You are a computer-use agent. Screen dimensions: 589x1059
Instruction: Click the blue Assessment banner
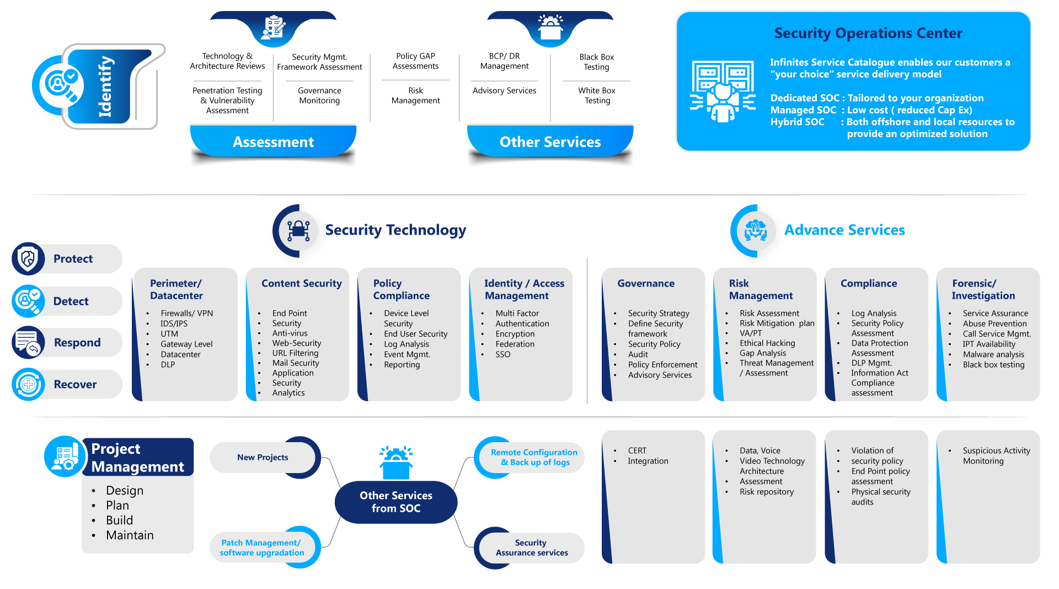[273, 142]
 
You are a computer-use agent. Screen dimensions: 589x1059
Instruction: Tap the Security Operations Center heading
[868, 33]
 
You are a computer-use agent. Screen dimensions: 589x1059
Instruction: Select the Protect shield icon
[28, 258]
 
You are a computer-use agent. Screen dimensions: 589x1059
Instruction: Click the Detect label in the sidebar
[71, 301]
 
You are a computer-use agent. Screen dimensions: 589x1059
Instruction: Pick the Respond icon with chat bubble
[28, 342]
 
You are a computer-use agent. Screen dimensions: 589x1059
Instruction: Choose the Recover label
[75, 385]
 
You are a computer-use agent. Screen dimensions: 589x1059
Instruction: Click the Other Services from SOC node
[396, 502]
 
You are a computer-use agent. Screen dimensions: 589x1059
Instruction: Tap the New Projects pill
[263, 458]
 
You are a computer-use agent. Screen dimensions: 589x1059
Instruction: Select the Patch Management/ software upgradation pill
[262, 548]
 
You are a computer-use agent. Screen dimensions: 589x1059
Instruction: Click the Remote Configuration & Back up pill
[533, 457]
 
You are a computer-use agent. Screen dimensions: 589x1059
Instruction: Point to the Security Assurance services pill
[531, 548]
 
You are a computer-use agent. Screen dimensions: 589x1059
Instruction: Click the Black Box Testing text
[596, 62]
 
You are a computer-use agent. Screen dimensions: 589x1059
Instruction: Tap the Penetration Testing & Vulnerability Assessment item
[227, 100]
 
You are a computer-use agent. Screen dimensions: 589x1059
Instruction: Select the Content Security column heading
[301, 283]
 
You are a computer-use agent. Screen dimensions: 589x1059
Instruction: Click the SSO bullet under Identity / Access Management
[502, 354]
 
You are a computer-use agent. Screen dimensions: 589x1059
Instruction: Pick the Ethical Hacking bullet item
[767, 343]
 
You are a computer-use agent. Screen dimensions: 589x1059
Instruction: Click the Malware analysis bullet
[993, 354]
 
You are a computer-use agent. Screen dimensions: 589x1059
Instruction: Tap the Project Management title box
[138, 458]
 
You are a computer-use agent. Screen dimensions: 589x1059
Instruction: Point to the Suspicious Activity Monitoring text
[996, 456]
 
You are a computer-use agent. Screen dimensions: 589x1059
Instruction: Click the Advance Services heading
[844, 230]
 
